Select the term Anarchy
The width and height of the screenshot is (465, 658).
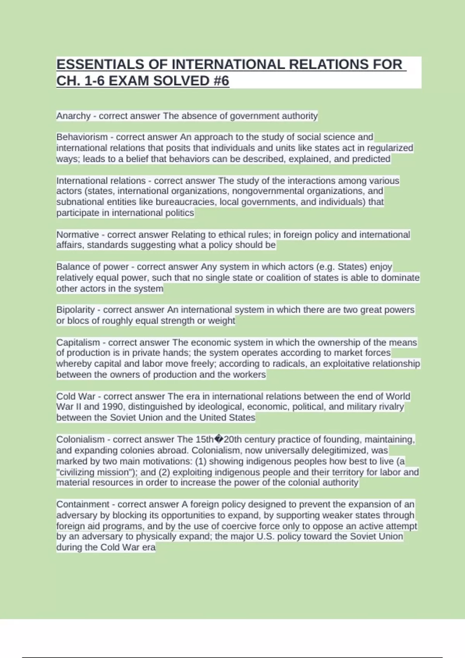click(73, 116)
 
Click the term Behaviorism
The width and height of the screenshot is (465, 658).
click(82, 137)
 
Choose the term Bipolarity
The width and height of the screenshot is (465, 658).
click(76, 310)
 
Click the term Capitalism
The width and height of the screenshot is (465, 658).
click(78, 343)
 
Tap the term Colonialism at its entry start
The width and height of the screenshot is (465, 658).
click(81, 439)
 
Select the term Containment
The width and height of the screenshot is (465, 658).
click(83, 504)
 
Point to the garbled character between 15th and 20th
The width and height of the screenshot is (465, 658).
click(219, 439)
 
